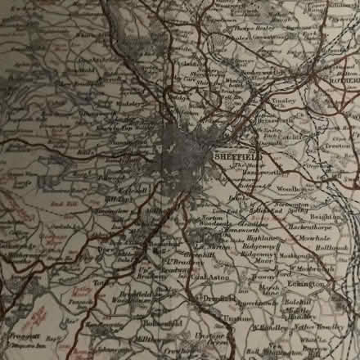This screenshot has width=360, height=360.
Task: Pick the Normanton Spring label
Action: (290, 208)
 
